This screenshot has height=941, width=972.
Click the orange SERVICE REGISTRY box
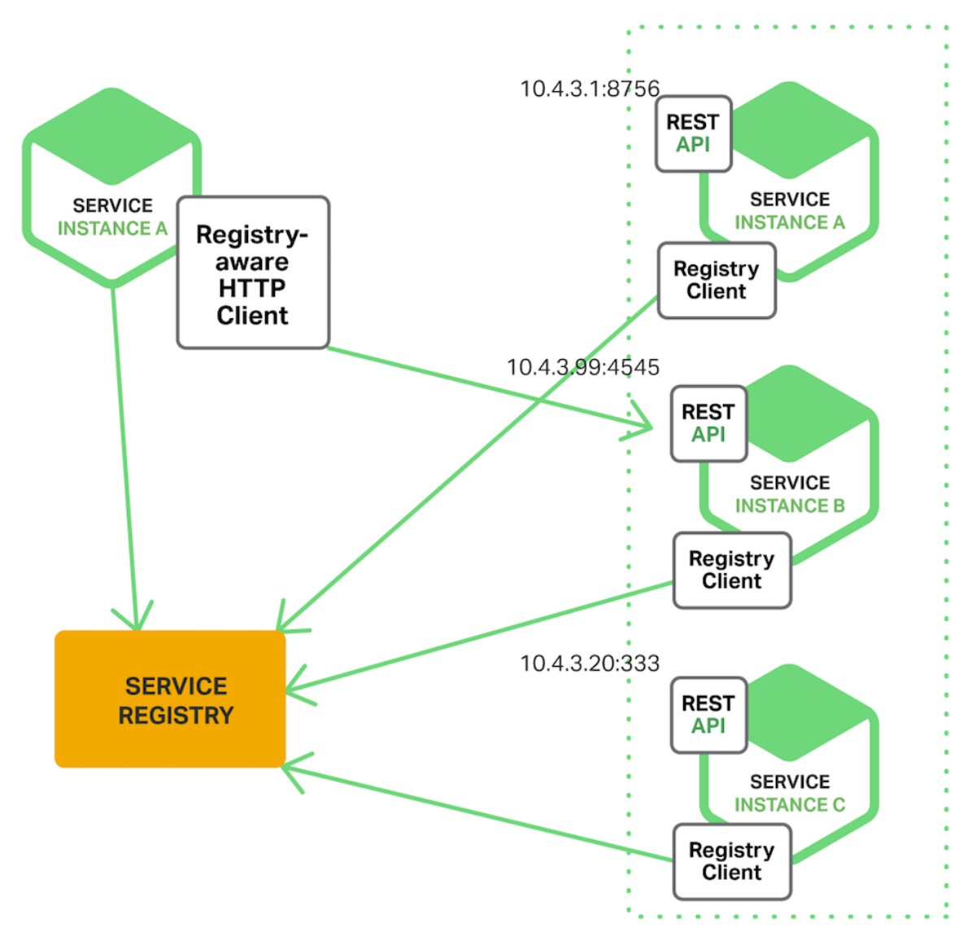(x=170, y=699)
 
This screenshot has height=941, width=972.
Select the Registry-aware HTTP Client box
(x=253, y=273)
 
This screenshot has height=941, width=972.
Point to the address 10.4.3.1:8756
(x=590, y=89)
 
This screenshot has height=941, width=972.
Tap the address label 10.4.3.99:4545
(x=583, y=367)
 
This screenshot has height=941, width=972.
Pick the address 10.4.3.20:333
(x=590, y=663)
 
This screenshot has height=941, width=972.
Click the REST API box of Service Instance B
(x=708, y=423)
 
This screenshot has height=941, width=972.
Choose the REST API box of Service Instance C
(x=708, y=715)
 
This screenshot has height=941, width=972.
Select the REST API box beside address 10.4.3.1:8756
(x=693, y=133)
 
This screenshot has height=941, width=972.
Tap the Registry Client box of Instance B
(x=732, y=570)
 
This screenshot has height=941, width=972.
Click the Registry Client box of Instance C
(x=732, y=861)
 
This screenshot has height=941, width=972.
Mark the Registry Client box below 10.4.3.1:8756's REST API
(x=717, y=280)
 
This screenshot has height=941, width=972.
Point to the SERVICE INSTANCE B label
(x=790, y=494)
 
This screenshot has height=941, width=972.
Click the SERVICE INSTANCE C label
(x=790, y=794)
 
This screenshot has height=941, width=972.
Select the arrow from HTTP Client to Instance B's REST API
(x=488, y=387)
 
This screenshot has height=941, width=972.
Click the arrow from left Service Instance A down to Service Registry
(x=125, y=456)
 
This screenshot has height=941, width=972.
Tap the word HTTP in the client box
(x=252, y=288)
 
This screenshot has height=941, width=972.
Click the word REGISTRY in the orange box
(x=176, y=716)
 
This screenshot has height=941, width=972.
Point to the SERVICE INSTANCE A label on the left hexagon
(x=112, y=217)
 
